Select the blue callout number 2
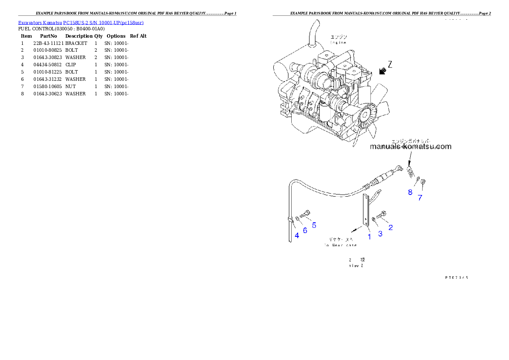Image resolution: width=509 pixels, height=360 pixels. (391, 227)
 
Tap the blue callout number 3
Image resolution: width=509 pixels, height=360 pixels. (380, 233)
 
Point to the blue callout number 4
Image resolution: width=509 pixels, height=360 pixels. (297, 235)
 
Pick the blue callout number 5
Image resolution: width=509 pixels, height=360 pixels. (314, 225)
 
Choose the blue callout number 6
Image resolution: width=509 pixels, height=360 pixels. (305, 230)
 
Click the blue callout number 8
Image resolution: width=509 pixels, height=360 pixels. (410, 192)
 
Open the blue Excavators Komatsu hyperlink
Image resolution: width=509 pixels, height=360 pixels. (81, 22)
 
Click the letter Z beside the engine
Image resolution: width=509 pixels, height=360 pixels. (390, 65)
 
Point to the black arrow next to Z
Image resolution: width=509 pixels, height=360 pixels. (382, 71)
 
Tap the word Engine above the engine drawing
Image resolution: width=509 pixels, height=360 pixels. (338, 43)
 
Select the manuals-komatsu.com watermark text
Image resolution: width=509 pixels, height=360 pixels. (410, 147)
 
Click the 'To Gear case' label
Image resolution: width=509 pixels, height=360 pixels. (340, 245)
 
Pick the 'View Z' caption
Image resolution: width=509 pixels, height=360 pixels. (356, 265)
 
